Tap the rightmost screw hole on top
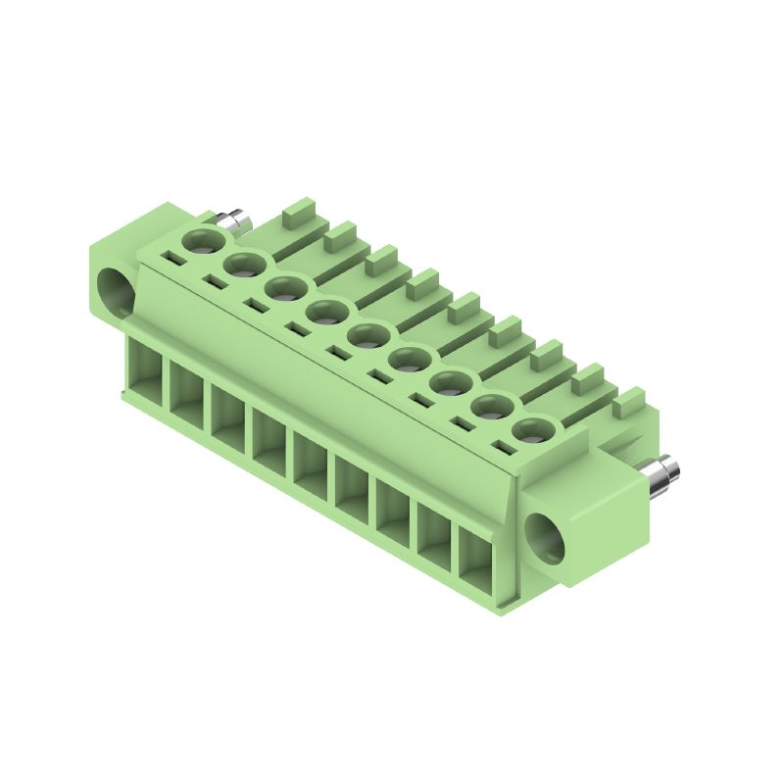[531, 430]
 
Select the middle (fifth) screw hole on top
[367, 336]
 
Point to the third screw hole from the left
[285, 289]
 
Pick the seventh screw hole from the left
[450, 383]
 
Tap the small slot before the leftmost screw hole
[172, 260]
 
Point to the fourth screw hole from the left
[326, 313]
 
